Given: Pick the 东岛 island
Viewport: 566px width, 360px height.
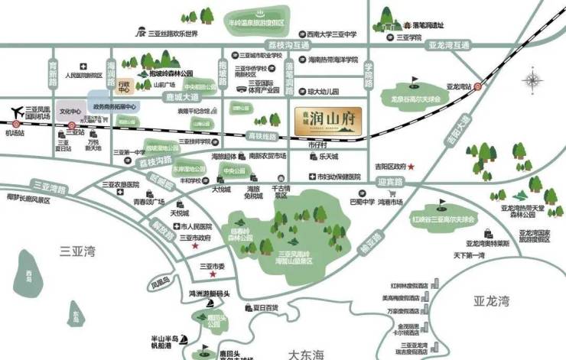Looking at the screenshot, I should (74, 313).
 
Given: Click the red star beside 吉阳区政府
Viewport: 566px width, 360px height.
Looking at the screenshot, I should (411, 166).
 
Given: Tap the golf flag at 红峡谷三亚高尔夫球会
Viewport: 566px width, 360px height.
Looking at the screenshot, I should (442, 203).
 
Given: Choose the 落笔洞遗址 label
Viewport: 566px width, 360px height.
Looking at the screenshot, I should (424, 25).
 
